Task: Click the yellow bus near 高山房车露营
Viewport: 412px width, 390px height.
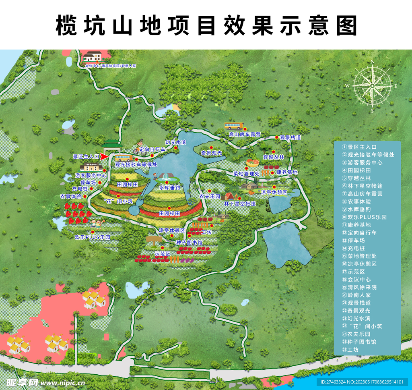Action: (x=234, y=126)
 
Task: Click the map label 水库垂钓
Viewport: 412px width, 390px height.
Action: (x=169, y=187)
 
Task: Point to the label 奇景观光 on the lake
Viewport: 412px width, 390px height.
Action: (x=211, y=153)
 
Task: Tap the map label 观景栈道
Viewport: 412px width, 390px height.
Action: (x=290, y=137)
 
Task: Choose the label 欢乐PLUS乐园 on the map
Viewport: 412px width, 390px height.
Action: (x=93, y=237)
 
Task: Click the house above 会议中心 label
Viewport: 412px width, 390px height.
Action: (x=92, y=57)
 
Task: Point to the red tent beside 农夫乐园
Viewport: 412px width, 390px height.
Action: (x=230, y=196)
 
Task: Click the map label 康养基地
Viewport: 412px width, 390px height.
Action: (x=287, y=172)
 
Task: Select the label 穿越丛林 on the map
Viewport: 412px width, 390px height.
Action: (x=274, y=157)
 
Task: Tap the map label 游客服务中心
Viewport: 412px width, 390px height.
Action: (x=91, y=176)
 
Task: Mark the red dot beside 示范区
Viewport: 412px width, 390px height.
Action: (x=162, y=248)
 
